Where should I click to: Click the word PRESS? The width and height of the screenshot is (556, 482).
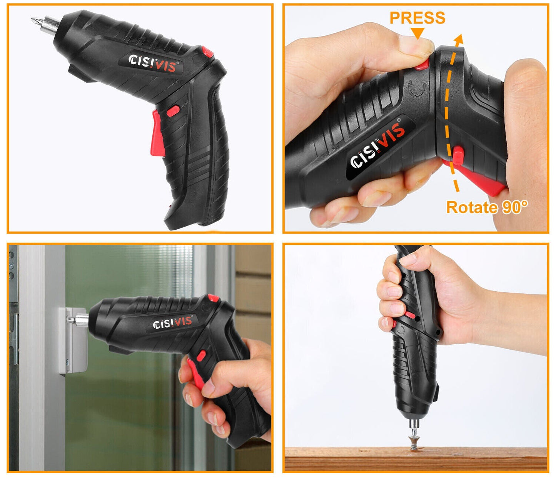click(417, 18)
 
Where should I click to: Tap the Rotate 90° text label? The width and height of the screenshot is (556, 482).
click(487, 207)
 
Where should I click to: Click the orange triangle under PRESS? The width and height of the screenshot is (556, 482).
click(417, 33)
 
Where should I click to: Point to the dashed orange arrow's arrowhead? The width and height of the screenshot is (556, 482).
click(459, 39)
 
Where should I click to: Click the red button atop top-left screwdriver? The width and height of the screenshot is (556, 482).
click(208, 52)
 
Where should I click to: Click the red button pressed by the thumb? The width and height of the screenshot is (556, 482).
click(422, 64)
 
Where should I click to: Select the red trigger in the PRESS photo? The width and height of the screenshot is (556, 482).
click(485, 181)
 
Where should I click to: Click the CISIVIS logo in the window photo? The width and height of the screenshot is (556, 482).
click(172, 322)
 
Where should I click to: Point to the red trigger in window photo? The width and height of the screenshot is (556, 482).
click(196, 373)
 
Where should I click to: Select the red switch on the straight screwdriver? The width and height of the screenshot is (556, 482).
click(409, 315)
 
